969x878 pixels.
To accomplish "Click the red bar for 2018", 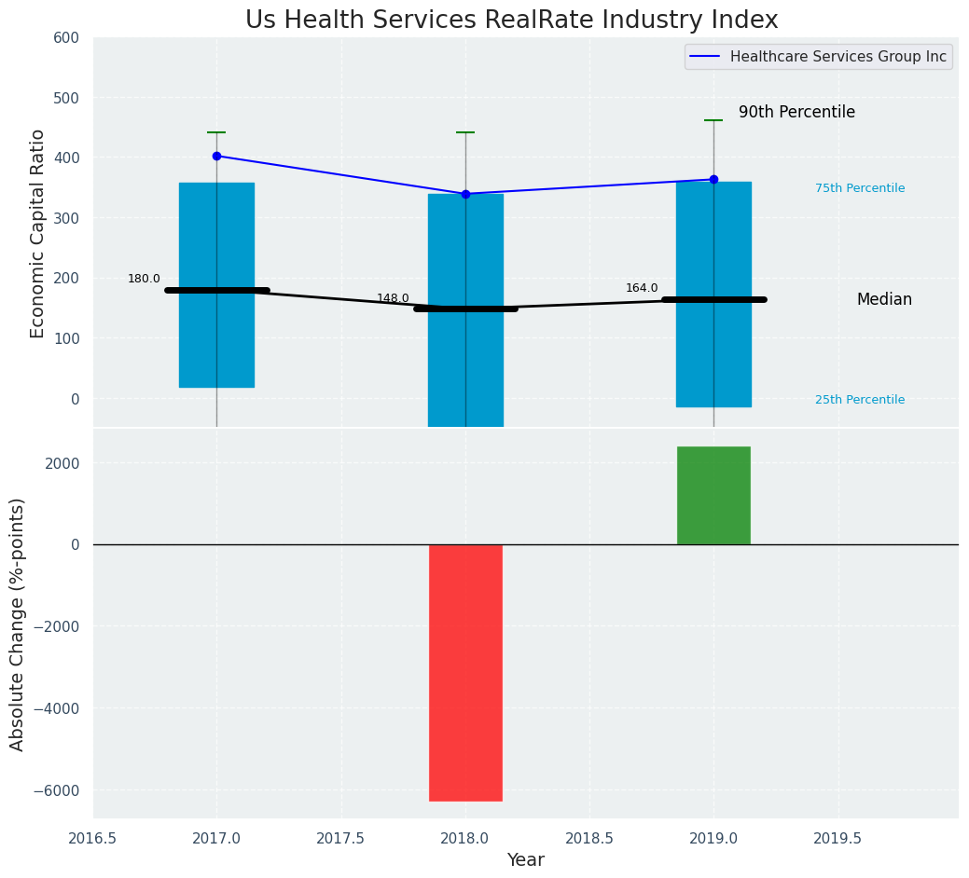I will (x=465, y=672).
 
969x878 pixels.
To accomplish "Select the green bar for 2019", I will (x=713, y=495).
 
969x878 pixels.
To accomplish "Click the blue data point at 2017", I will (x=216, y=156).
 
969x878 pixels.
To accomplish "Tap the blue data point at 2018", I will (x=465, y=194).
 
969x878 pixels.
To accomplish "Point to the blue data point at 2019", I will (x=713, y=179).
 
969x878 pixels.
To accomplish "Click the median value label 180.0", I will (x=144, y=279).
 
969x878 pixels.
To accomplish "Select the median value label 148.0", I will (x=393, y=298).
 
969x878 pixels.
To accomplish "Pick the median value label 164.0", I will (x=642, y=288).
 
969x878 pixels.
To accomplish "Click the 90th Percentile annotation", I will (x=796, y=112).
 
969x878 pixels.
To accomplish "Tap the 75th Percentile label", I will (x=860, y=188).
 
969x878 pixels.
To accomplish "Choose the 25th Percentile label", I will (x=860, y=400).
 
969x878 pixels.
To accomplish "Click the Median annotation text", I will (x=884, y=299).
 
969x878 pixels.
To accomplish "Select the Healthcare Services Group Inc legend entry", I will (x=837, y=57).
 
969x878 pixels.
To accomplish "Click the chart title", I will (x=511, y=20).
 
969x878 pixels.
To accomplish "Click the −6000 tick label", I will (x=56, y=790).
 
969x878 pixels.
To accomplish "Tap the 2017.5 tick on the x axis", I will (x=341, y=838).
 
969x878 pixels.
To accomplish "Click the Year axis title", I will (x=525, y=860).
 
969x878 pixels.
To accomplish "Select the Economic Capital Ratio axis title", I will (x=38, y=233).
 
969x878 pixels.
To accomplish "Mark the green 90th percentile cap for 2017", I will (x=216, y=132).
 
